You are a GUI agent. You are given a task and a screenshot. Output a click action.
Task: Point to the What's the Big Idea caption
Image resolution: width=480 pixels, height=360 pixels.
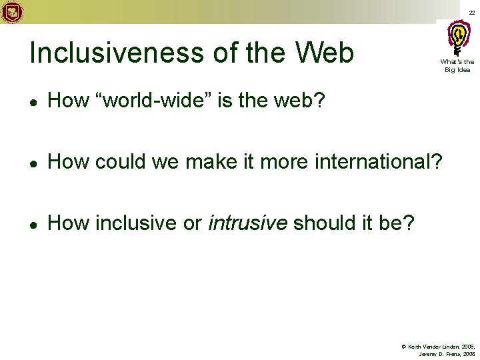456,65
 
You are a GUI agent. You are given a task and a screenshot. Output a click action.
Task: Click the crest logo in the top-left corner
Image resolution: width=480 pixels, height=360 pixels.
11,12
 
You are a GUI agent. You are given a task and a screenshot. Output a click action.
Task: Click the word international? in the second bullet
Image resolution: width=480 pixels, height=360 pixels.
379,161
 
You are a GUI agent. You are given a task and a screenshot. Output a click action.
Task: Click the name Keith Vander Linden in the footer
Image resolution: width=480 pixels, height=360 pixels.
431,347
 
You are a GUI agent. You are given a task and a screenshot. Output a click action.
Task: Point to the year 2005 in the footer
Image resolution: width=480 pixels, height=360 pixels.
467,347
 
